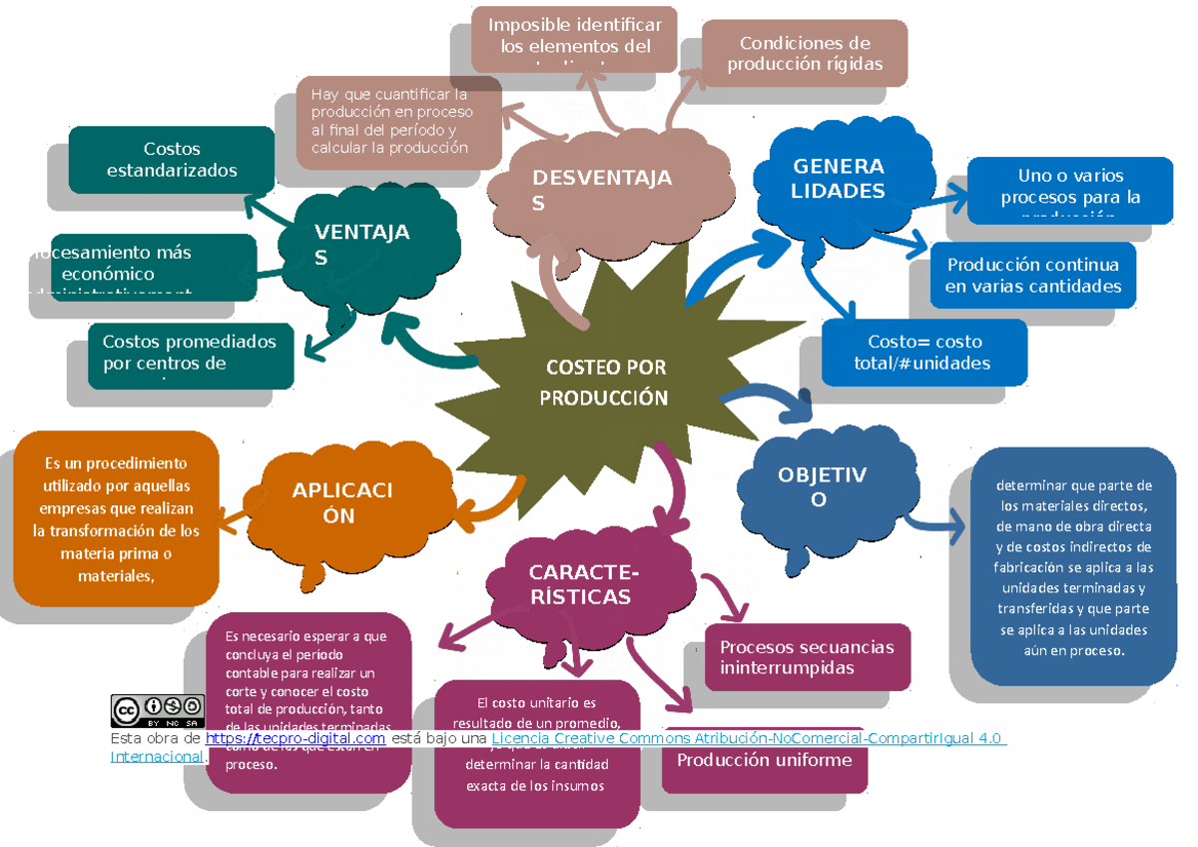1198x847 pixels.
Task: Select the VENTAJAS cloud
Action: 364,245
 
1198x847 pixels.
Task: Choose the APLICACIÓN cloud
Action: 344,502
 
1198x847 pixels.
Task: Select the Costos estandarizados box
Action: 172,160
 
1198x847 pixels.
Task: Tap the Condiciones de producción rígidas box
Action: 805,54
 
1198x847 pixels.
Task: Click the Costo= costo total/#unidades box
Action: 922,352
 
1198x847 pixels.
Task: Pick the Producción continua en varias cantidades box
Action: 1032,276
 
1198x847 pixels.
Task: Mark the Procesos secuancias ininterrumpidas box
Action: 807,657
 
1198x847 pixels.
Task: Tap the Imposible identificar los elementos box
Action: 575,38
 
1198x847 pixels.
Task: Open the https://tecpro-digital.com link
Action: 296,738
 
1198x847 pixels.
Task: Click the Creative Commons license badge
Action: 157,710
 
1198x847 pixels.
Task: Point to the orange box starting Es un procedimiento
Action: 116,519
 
